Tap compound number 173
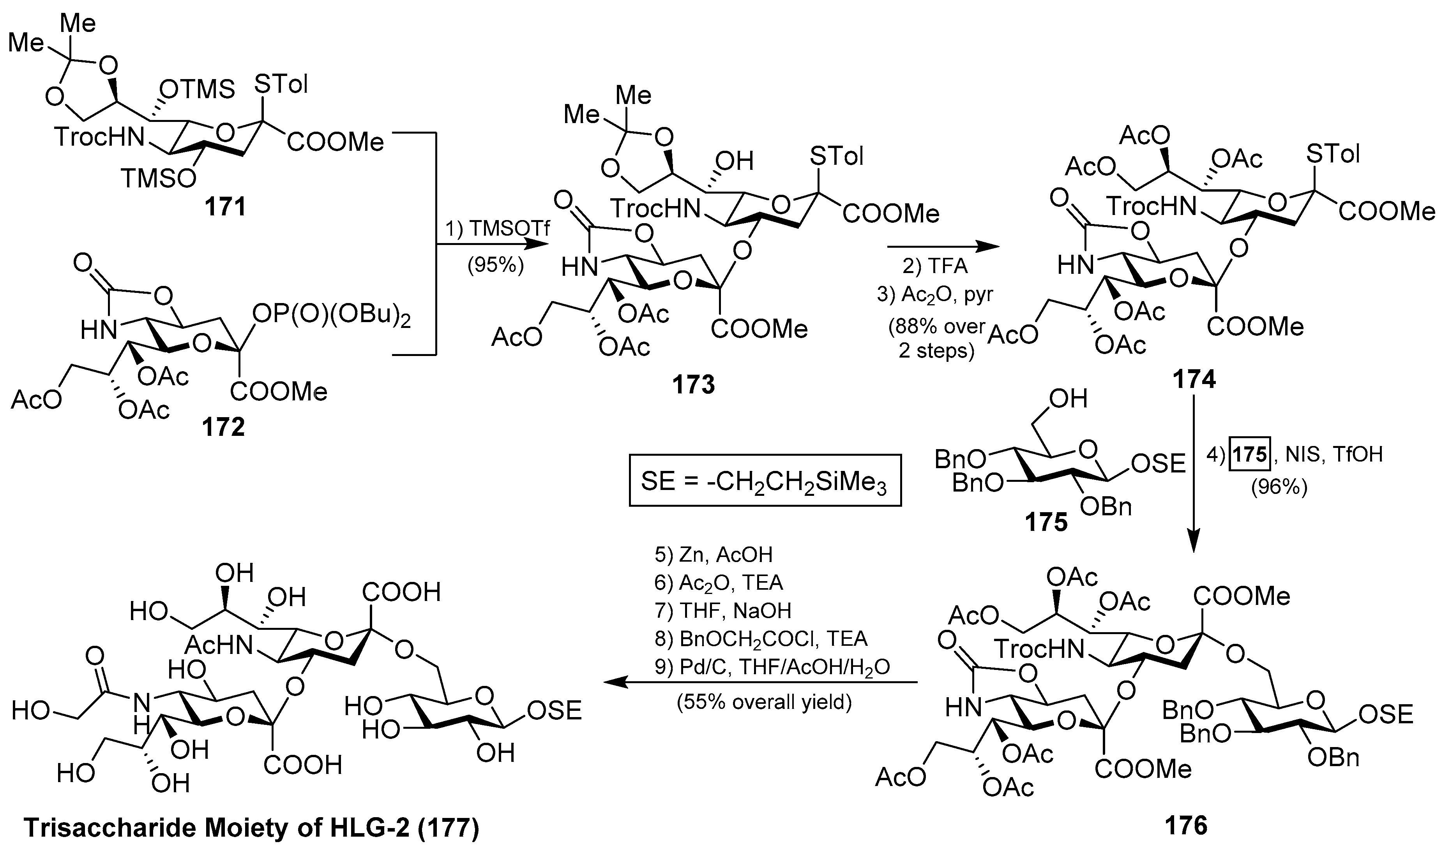point(694,384)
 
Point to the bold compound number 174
point(1194,379)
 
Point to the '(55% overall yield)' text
point(764,702)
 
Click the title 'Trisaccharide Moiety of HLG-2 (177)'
point(251,828)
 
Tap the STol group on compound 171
point(281,85)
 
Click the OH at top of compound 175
point(1068,398)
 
